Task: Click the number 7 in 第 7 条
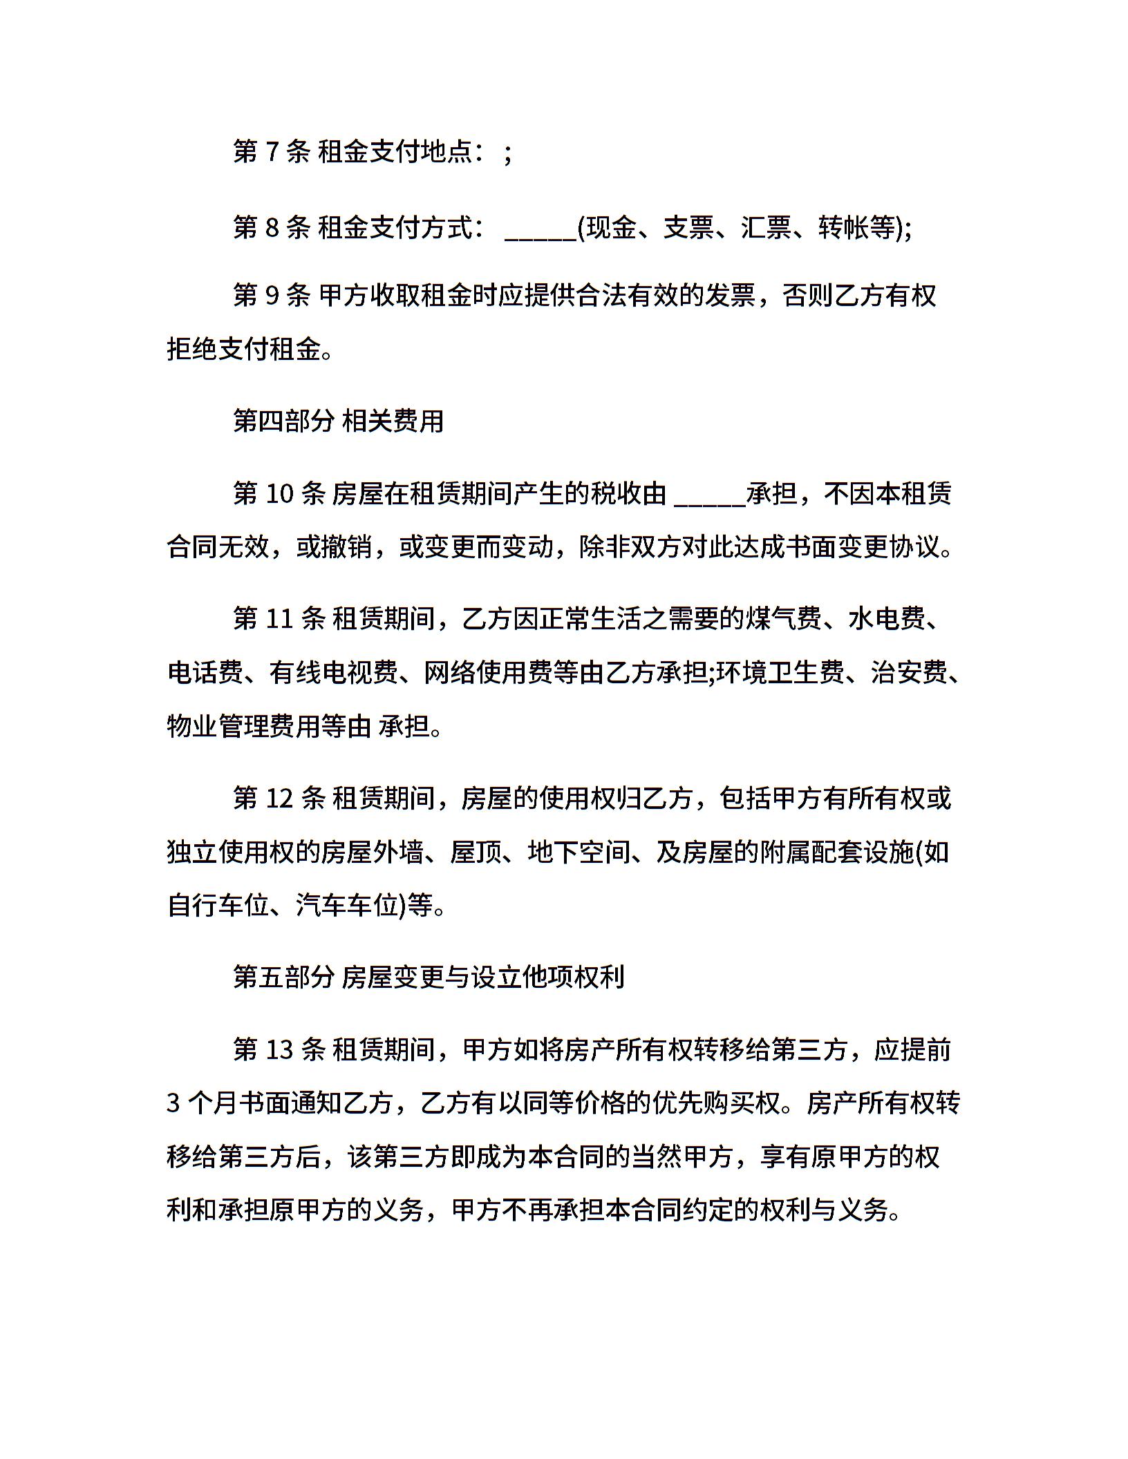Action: [272, 151]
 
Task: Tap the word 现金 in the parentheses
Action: [610, 227]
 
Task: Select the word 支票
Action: [688, 227]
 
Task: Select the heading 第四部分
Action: [284, 421]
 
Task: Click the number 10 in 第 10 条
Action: [279, 493]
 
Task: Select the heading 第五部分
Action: [284, 978]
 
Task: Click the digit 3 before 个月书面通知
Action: [173, 1103]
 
